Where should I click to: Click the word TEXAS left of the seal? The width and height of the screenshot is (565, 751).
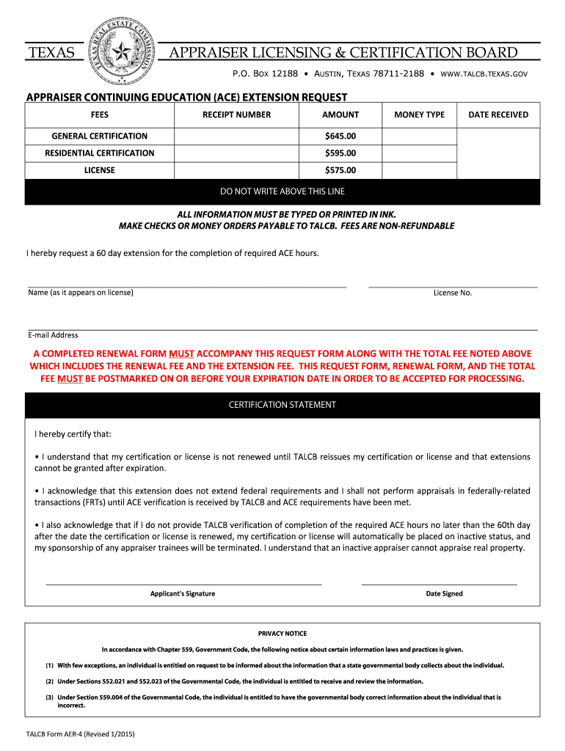point(51,53)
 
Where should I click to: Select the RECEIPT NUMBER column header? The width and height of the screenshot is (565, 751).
point(236,114)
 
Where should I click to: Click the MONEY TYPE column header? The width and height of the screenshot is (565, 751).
point(419,114)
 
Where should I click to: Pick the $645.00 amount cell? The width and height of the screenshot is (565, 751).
point(340,136)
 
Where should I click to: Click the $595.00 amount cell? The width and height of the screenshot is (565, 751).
point(340,153)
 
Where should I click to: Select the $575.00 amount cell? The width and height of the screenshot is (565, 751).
point(340,170)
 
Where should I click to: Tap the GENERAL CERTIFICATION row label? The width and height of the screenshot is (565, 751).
point(99,136)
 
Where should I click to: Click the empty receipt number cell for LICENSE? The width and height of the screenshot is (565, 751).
point(236,170)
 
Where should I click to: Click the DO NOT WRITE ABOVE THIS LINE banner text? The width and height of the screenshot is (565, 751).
point(282,191)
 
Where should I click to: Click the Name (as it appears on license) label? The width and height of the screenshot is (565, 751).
point(81,293)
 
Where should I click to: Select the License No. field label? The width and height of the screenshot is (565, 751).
point(453,293)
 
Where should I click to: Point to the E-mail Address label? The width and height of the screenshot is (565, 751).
point(53,335)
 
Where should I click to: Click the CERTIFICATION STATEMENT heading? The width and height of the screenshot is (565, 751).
point(282,405)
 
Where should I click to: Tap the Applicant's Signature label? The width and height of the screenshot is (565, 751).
point(183,593)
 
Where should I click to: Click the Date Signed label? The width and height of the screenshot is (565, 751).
point(444,593)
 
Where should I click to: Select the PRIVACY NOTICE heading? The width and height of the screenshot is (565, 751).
point(282,633)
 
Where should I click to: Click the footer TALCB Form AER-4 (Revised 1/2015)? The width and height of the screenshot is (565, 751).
point(80,733)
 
